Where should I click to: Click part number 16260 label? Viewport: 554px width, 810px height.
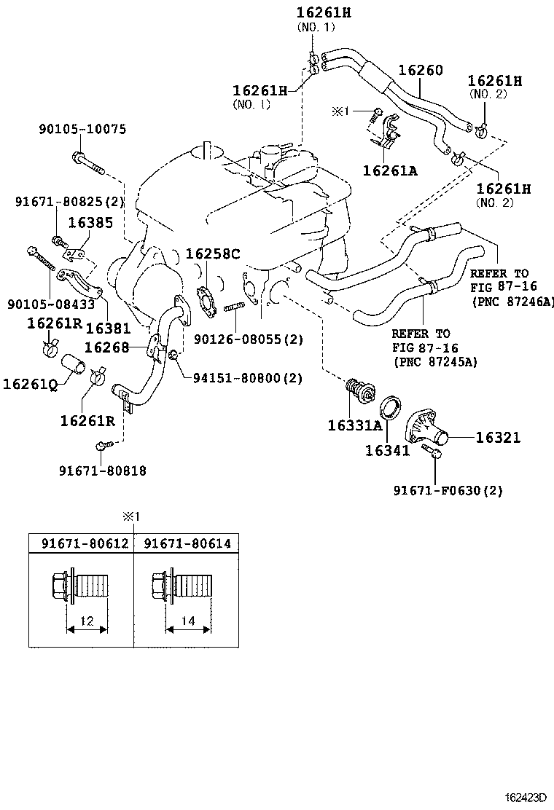tap(420, 71)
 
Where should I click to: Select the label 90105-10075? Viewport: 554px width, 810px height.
tap(82, 130)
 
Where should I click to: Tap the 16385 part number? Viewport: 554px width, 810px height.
tap(90, 222)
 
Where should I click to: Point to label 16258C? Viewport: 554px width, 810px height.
tap(211, 254)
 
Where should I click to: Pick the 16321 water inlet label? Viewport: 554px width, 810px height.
tap(499, 437)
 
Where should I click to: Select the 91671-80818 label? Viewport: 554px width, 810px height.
tap(103, 471)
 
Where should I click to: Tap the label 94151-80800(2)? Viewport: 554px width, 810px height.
tap(247, 378)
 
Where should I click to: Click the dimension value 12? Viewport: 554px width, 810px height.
tap(87, 621)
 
